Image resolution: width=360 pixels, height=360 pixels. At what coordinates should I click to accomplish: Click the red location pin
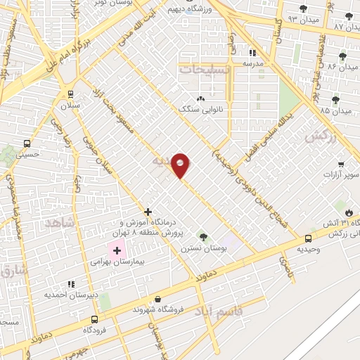pos(181,165)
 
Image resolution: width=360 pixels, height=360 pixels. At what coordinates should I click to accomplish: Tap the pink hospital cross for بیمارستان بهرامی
pos(117,250)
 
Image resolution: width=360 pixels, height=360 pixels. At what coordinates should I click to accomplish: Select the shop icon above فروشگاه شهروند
pos(157,299)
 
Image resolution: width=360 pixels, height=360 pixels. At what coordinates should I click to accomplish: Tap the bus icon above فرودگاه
pos(95,319)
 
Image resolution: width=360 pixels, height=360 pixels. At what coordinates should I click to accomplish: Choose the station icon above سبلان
pos(70,94)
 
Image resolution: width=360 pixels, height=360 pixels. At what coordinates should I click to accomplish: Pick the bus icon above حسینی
pos(27,143)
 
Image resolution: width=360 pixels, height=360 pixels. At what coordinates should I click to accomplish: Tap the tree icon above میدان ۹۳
pos(303,9)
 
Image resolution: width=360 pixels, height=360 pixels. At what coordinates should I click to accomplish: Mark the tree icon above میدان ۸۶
pos(342,56)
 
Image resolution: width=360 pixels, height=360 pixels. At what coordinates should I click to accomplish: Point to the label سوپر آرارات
pos(340,174)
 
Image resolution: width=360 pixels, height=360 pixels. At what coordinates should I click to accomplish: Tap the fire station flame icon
pos(349,212)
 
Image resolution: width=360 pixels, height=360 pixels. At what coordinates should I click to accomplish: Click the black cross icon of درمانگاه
pos(148,212)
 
